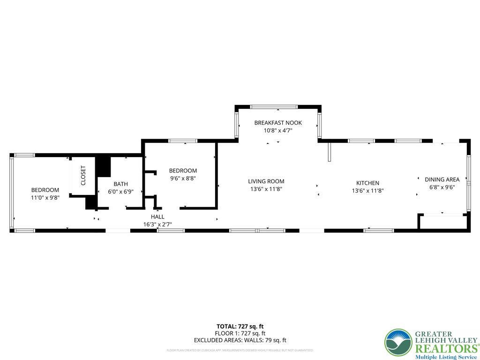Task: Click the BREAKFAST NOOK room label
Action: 278,123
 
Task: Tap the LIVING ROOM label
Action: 266,181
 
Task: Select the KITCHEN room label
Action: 368,183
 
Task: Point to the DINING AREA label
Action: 442,179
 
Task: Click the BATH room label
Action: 120,184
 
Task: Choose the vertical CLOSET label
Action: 83,175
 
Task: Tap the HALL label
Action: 157,217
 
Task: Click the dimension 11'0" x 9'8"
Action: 45,198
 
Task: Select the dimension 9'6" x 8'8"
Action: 183,179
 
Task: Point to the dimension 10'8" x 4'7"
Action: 278,131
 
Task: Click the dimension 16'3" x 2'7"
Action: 157,225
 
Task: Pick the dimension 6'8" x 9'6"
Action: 442,187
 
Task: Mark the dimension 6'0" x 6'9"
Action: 120,192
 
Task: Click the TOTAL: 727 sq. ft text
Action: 240,326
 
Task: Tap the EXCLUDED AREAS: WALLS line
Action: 240,340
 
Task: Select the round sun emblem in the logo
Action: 398,342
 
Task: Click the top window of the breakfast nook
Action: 274,107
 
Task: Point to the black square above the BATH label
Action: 103,167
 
